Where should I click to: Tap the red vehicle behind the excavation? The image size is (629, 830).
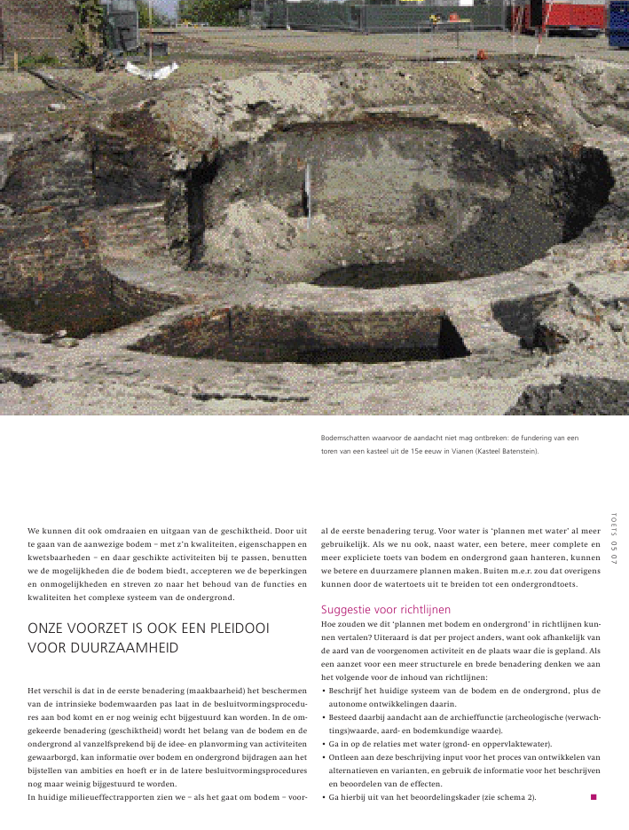click(x=567, y=16)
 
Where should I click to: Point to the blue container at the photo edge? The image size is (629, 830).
click(x=618, y=23)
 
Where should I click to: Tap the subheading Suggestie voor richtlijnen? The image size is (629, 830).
click(x=386, y=610)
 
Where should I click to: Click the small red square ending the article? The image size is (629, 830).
click(x=594, y=797)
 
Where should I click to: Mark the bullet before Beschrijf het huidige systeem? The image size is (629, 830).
click(x=323, y=690)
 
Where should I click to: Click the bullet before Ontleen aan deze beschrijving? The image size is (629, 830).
click(x=323, y=757)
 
